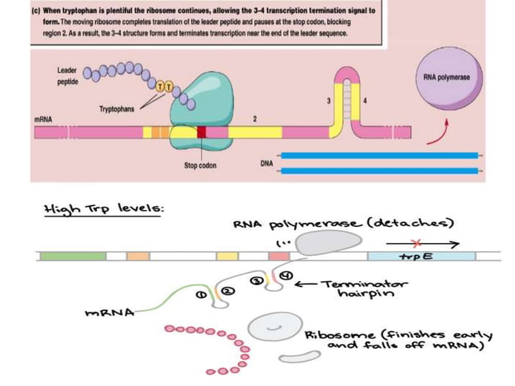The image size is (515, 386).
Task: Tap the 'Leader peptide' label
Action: coord(68,77)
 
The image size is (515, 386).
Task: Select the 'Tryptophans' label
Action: coord(117,107)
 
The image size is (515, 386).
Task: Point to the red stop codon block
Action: coord(201,131)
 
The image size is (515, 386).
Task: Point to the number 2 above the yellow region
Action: coord(254,119)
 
